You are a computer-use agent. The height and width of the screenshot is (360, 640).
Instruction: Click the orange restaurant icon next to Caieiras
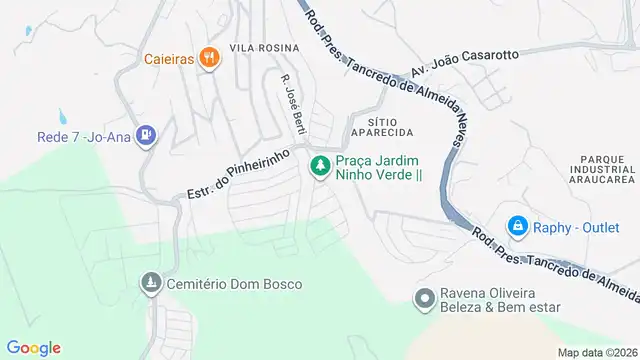[208, 57]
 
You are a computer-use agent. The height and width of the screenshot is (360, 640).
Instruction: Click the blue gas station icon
[147, 133]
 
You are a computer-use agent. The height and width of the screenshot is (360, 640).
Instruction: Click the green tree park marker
[320, 167]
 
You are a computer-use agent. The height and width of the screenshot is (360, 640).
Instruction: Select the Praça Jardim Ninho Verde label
[378, 167]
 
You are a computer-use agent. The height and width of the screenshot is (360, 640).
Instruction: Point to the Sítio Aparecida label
[383, 125]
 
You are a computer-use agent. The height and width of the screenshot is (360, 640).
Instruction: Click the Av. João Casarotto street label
[465, 61]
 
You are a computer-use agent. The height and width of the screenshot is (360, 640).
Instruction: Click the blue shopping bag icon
[517, 226]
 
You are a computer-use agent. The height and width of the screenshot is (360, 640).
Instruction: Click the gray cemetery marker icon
[151, 284]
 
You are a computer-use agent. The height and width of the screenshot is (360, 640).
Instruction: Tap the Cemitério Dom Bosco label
[220, 284]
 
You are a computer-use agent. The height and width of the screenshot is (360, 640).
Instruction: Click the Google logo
[33, 347]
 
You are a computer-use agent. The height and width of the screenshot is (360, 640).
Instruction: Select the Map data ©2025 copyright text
[596, 352]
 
